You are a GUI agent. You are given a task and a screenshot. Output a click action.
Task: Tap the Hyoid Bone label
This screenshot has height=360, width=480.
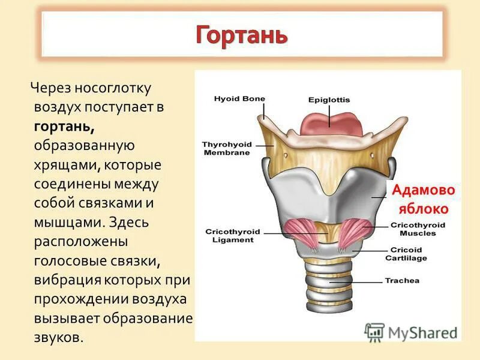click(239, 99)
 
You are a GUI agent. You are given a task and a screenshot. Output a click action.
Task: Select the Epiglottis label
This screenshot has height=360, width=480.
click(329, 100)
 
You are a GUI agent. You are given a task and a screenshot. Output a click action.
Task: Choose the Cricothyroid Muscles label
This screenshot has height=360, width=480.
click(418, 229)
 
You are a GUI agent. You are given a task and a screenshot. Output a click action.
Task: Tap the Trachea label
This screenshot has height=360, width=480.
click(402, 280)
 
